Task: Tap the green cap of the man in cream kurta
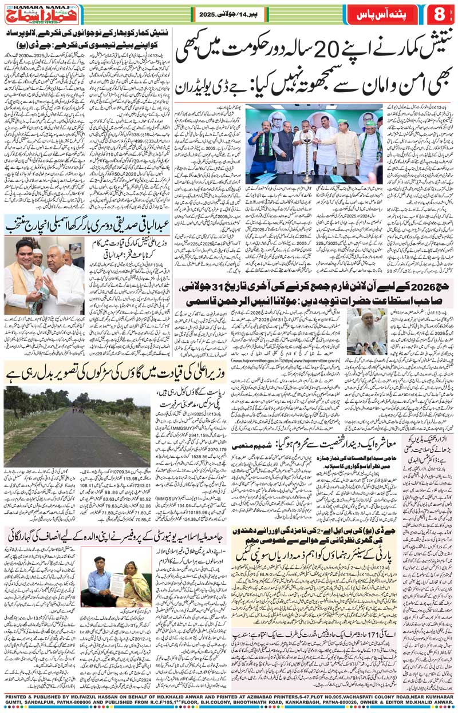pyautogui.click(x=343, y=122)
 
